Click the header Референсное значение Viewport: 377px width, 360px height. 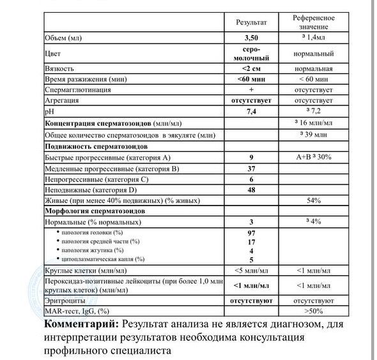tap(314, 22)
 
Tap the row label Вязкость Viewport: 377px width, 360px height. tap(61, 68)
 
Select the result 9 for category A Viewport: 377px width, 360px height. tap(252, 157)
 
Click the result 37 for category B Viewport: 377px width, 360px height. tap(252, 169)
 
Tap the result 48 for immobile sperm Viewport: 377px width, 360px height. tap(252, 190)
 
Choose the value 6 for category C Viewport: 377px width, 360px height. tap(252, 179)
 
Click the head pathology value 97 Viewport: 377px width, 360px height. tap(252, 233)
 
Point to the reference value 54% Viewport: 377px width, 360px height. tap(313, 201)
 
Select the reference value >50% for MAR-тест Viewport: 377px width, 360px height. tap(313, 311)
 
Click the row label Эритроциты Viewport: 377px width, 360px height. tap(65, 300)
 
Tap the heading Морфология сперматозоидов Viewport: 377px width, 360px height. tap(95, 211)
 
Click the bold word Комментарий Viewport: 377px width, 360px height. tap(82, 324)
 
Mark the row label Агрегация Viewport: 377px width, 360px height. tap(62, 100)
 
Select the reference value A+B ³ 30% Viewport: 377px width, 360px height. tap(313, 157)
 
